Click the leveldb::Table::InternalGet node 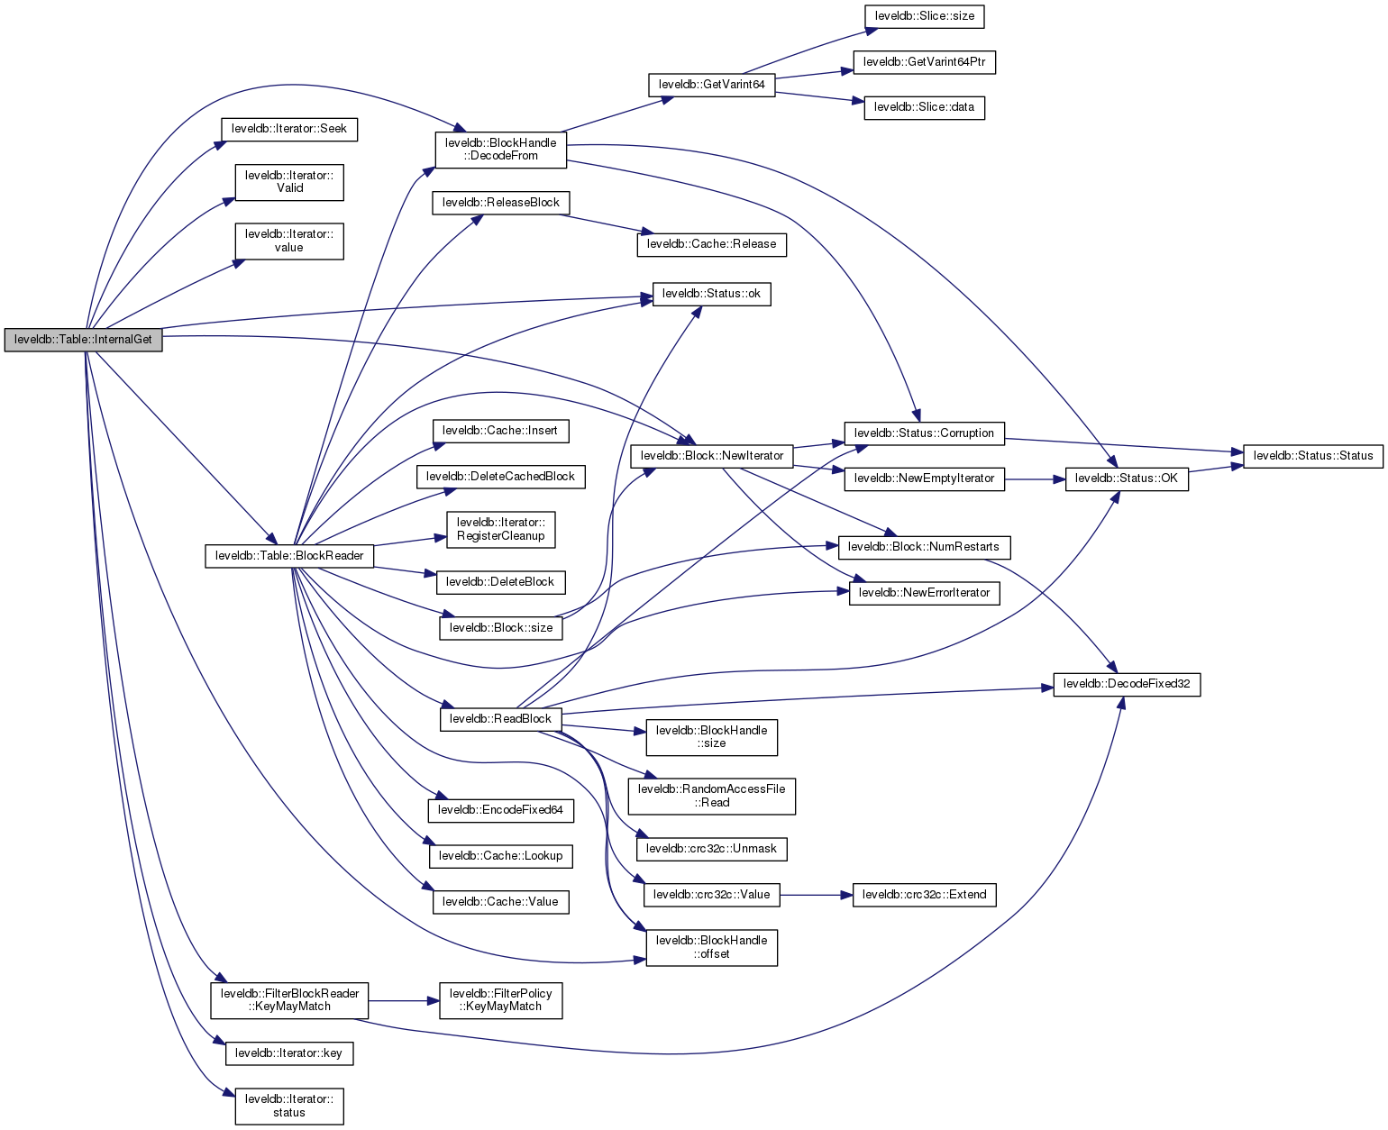point(84,341)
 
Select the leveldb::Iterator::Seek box point(289,129)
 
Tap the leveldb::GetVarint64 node point(712,85)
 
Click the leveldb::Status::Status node point(1313,456)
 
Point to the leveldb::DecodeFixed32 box point(1127,684)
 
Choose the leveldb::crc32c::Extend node point(924,895)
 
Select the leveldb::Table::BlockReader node point(289,556)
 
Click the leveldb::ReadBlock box point(500,719)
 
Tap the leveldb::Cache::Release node point(712,244)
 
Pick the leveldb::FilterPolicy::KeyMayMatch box point(501,1000)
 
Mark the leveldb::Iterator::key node point(289,1053)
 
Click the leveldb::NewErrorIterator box point(924,593)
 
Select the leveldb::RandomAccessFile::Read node point(712,796)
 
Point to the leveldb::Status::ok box point(712,294)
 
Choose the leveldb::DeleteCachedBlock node point(500,477)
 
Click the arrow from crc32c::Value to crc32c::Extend point(816,895)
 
